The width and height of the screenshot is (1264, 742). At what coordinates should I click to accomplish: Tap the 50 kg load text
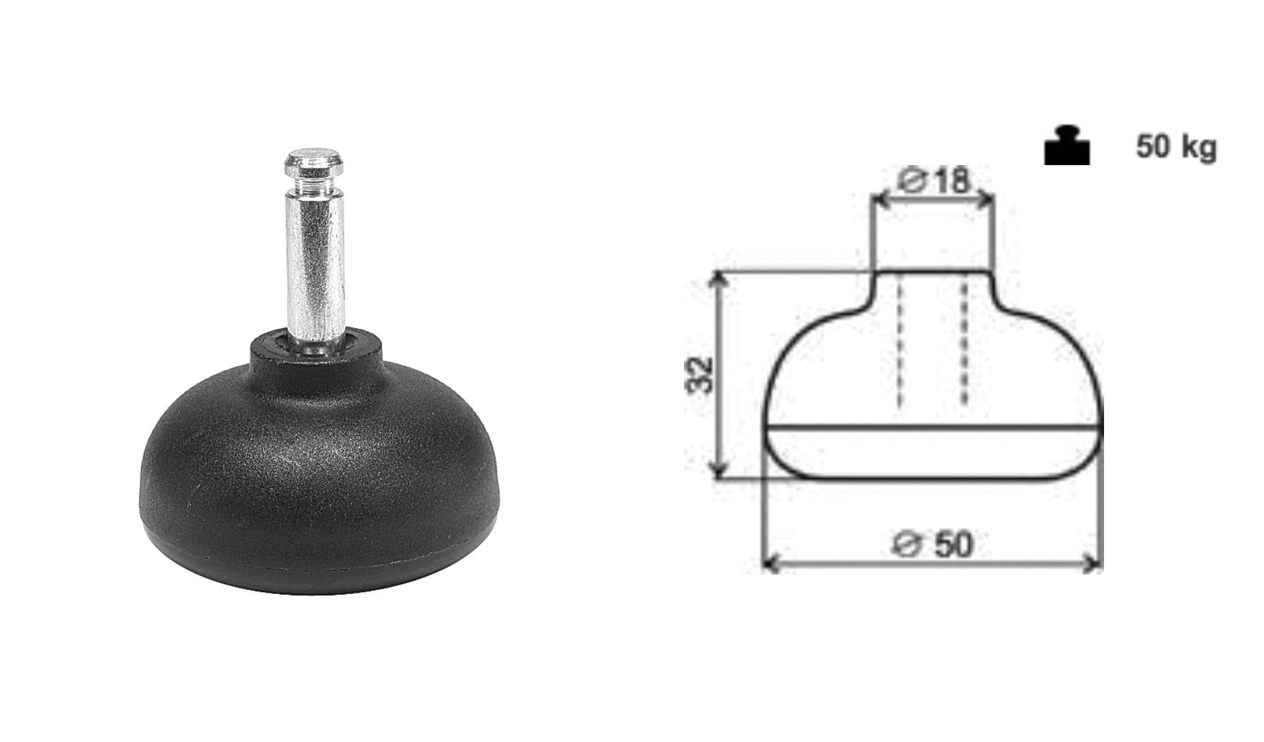1176,147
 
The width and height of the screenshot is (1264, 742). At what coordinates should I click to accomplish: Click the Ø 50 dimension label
933,545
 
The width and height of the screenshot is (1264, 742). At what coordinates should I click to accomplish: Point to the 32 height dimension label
699,375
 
